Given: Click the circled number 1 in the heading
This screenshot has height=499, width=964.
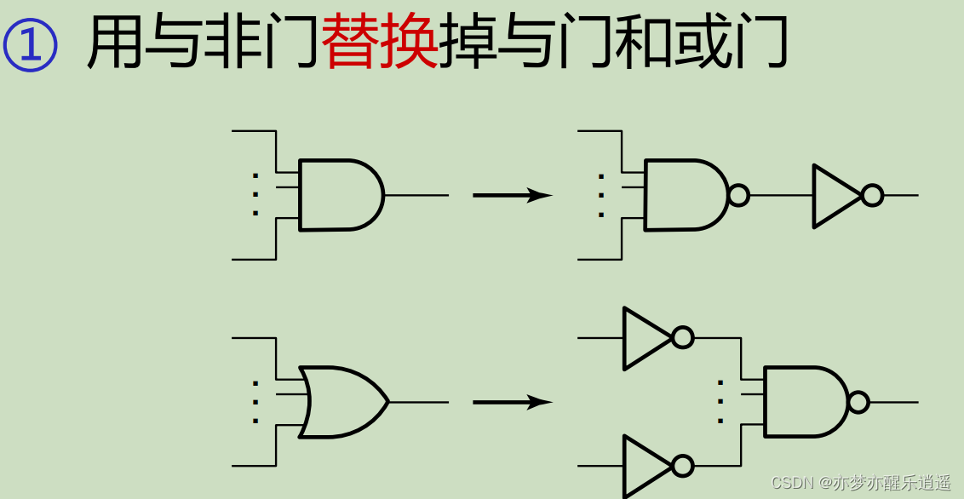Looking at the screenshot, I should coord(31,45).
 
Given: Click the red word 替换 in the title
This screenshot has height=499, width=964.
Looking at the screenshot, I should coord(380,45).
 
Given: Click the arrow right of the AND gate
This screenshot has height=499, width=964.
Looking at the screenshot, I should coord(512,195).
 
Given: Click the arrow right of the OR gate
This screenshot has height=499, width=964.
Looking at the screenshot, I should coord(512,402).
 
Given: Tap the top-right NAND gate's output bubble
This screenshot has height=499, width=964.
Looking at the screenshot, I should coord(738,195).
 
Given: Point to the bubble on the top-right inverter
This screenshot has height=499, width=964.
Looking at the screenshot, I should coord(872,196).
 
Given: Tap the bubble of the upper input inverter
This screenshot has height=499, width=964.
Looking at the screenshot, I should coord(682,338).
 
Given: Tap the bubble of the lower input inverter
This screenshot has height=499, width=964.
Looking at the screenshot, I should coord(682,466).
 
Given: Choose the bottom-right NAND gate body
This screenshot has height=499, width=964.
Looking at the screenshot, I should coord(803,402).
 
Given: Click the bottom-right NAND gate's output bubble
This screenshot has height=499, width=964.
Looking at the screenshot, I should coord(858,402).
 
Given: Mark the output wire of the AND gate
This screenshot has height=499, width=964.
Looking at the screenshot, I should coord(416,195).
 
